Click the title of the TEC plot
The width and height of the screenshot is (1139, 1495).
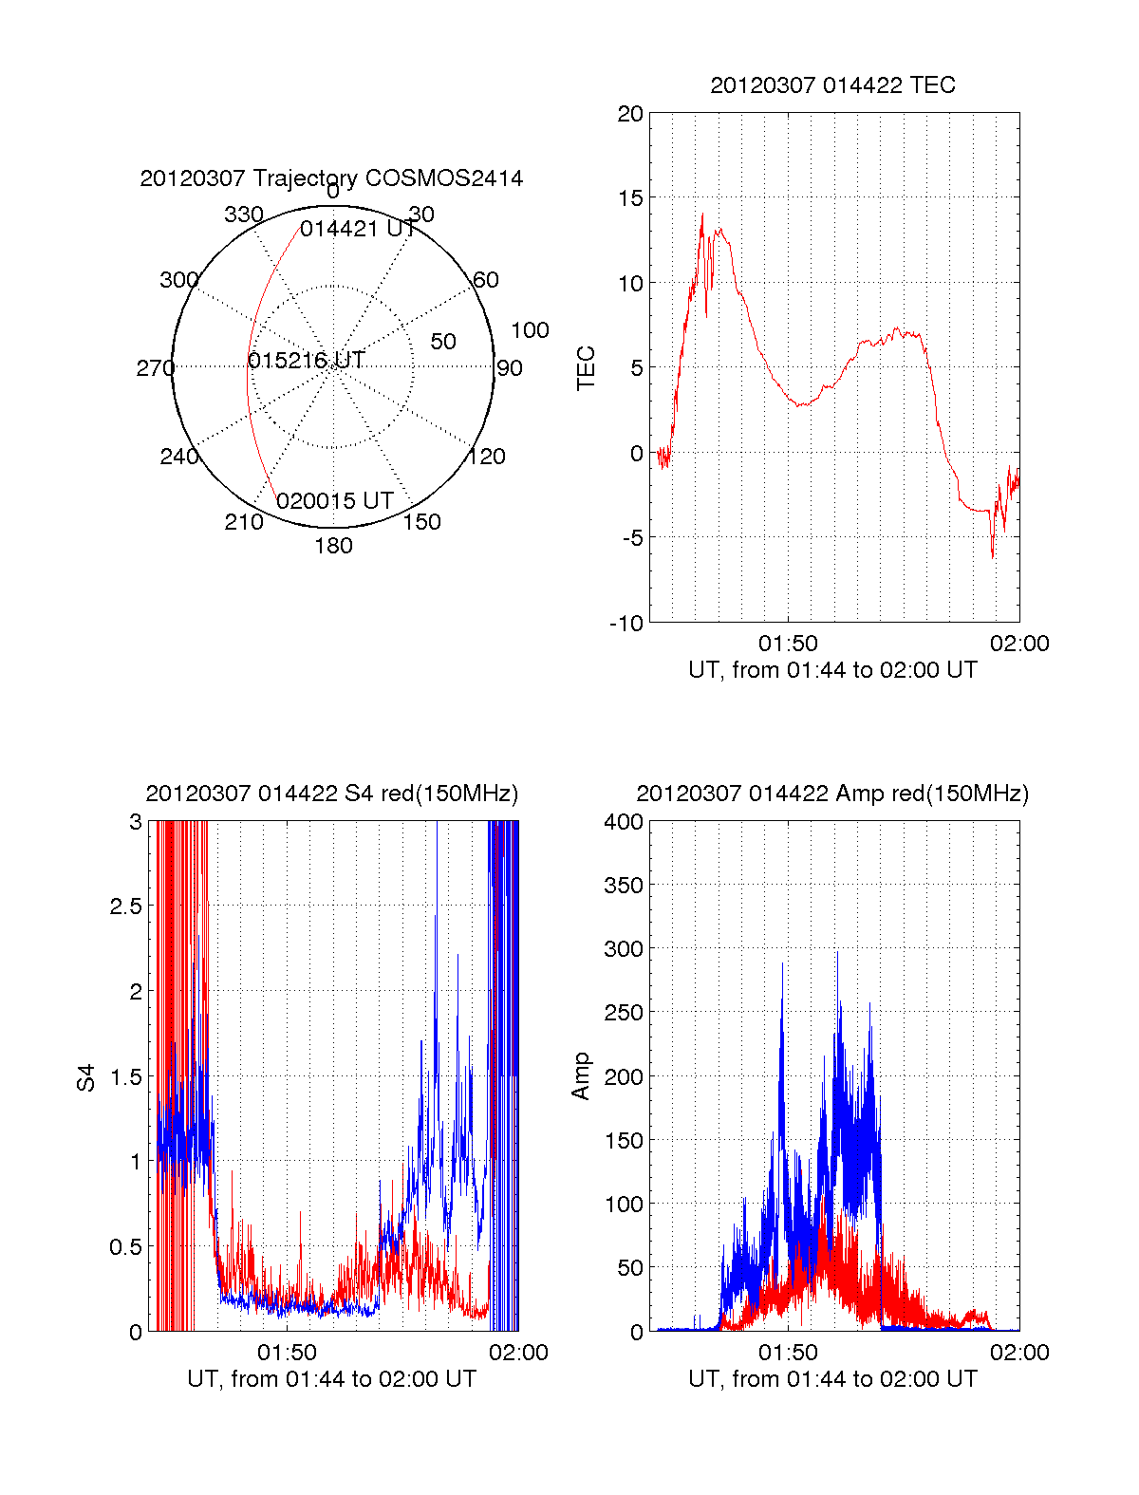tap(832, 85)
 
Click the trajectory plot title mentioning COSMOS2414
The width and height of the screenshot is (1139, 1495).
tap(331, 178)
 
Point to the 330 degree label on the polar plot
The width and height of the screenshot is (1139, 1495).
tap(243, 215)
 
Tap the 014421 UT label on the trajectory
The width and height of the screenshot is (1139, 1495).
tap(357, 229)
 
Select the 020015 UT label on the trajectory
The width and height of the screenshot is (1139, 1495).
tap(335, 501)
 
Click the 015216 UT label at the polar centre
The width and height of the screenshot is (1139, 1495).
tap(306, 361)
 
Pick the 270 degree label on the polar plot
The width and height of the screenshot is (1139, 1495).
tap(155, 368)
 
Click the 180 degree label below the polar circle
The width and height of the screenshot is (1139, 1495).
tap(333, 546)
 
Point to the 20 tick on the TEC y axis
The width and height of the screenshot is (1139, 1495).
tap(630, 115)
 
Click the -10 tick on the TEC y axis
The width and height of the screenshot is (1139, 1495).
tap(626, 624)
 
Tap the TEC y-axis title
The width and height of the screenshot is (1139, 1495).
tap(587, 368)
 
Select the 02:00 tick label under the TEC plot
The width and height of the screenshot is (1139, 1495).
tap(1019, 644)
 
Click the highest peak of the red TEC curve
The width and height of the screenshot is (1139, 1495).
tap(702, 215)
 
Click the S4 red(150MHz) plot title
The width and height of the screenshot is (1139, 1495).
tap(331, 794)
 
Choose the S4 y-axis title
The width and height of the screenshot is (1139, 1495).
tap(86, 1077)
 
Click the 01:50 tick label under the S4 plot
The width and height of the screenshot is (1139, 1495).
tap(287, 1353)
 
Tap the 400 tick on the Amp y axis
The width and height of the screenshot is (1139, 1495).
tap(624, 822)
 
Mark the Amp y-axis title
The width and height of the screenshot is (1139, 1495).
tap(581, 1076)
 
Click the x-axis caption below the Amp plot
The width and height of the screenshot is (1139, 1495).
tap(832, 1379)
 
